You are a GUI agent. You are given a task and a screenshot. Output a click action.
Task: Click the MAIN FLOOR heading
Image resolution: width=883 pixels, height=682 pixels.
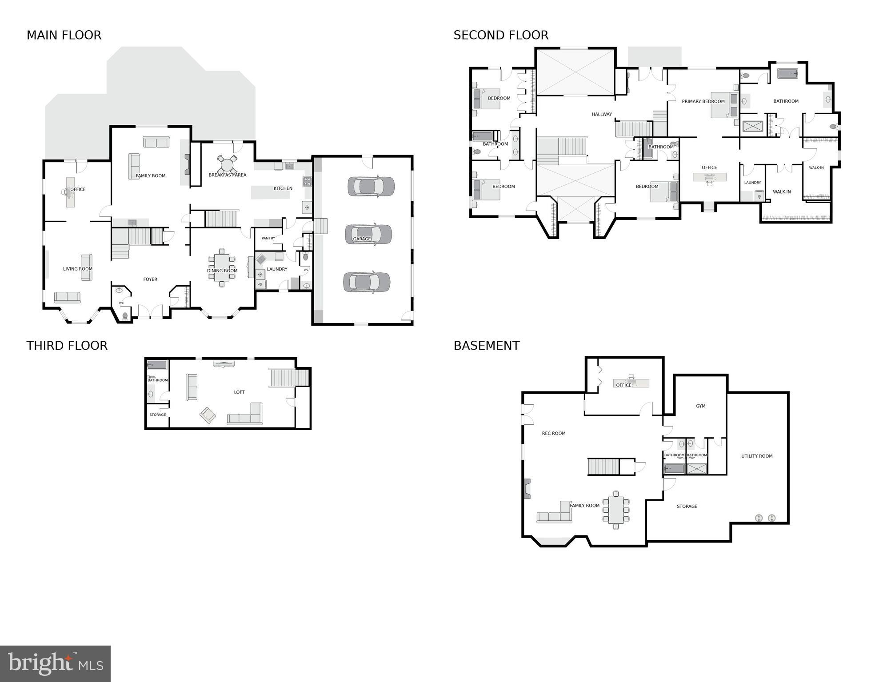[x=64, y=35]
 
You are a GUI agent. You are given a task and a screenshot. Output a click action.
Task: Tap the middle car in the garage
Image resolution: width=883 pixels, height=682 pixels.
[x=368, y=234]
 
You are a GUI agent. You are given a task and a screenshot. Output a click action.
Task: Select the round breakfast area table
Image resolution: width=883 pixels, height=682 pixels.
[x=227, y=165]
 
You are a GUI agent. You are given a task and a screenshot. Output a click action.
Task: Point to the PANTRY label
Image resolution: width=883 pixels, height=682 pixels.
[x=268, y=238]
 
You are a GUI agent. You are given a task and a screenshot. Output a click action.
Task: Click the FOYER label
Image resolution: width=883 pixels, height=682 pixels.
[x=150, y=279]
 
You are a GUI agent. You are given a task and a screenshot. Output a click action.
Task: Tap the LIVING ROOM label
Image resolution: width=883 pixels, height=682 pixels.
[x=78, y=269]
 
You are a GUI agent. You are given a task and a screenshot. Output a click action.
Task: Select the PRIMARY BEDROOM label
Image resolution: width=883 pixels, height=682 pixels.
[x=703, y=101]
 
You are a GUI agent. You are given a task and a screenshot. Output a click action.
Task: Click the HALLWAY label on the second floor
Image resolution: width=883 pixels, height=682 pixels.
[x=602, y=114]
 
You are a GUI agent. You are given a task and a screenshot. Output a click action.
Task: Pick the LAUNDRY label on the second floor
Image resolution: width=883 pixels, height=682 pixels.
[x=752, y=183]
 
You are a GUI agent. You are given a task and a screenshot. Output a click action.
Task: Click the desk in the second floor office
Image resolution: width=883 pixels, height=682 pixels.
[x=710, y=177]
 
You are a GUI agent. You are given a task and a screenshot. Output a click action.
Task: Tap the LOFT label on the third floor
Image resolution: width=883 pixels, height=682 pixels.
[x=239, y=392]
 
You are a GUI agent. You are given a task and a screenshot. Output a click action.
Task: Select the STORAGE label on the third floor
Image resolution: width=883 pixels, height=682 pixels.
[x=157, y=415]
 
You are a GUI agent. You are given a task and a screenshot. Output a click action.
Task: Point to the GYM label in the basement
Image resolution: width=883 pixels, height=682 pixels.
[x=701, y=406]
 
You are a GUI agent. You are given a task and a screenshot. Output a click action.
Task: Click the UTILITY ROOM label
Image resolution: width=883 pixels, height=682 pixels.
[x=757, y=456]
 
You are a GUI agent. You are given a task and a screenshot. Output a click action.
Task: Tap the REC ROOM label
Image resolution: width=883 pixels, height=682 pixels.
[x=554, y=433]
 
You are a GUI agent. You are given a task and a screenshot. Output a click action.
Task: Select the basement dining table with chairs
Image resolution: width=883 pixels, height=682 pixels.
[x=616, y=510]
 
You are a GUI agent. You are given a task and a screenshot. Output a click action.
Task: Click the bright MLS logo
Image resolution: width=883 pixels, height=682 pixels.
[x=55, y=663]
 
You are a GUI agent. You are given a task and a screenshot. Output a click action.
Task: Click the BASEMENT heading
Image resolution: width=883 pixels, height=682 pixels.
[x=486, y=346]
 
